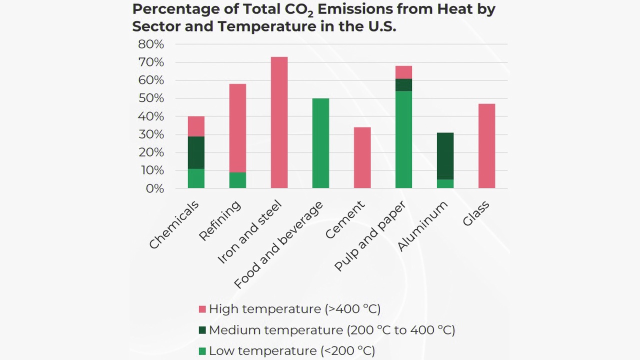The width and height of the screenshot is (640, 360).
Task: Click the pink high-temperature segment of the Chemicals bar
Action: click(196, 126)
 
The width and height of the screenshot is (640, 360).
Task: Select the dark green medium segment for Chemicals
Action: click(196, 152)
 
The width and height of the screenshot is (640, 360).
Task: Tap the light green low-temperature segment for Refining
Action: click(237, 180)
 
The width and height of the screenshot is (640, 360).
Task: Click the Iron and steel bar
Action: click(279, 122)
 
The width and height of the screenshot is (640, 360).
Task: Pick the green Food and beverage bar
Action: click(320, 143)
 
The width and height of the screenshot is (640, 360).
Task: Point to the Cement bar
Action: click(362, 158)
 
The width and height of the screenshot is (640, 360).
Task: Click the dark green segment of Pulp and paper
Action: click(403, 85)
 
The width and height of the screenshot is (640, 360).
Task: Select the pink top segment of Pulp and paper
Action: click(403, 72)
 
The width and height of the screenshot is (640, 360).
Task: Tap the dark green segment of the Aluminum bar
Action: click(445, 156)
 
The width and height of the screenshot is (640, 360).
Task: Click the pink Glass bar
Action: click(486, 146)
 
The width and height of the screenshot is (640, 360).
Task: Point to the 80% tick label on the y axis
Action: click(150, 44)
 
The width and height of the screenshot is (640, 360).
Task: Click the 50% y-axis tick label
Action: click(150, 98)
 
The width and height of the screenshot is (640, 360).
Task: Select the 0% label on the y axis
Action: click(154, 188)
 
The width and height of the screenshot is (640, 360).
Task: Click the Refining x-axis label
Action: click(220, 220)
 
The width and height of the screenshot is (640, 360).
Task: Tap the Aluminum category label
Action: click(422, 226)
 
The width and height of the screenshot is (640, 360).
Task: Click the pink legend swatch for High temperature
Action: click(202, 309)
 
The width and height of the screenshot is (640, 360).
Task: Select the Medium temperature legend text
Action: click(332, 330)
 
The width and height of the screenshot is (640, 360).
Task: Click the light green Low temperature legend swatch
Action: click(202, 351)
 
